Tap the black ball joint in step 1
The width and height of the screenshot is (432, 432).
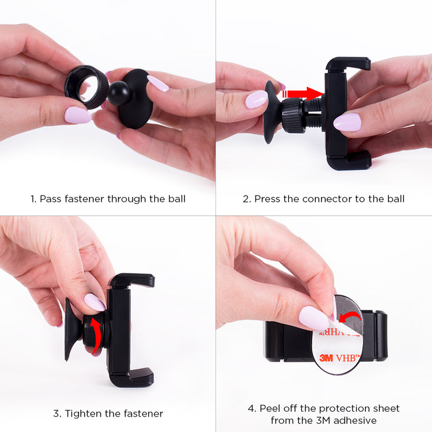[x=119, y=93]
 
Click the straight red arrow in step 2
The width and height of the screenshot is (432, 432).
[x=302, y=94]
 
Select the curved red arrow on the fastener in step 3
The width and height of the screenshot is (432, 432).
[x=97, y=336]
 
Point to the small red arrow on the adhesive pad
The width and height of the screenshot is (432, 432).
[x=349, y=317]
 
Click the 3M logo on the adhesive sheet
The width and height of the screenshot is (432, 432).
[x=326, y=358]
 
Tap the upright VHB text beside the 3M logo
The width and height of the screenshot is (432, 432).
[x=348, y=358]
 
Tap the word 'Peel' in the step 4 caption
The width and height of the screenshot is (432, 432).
[x=270, y=409]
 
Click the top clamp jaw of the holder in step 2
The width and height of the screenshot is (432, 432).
[x=347, y=64]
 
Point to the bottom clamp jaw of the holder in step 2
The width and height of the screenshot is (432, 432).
[x=349, y=162]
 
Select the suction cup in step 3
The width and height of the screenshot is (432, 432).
[x=72, y=329]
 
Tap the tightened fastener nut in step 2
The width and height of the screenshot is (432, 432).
[x=292, y=116]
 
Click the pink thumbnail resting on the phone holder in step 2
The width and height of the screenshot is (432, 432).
[x=347, y=122]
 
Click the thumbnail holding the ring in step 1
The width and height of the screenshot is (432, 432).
[x=78, y=115]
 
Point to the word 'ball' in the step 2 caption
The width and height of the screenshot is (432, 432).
[x=396, y=199]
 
